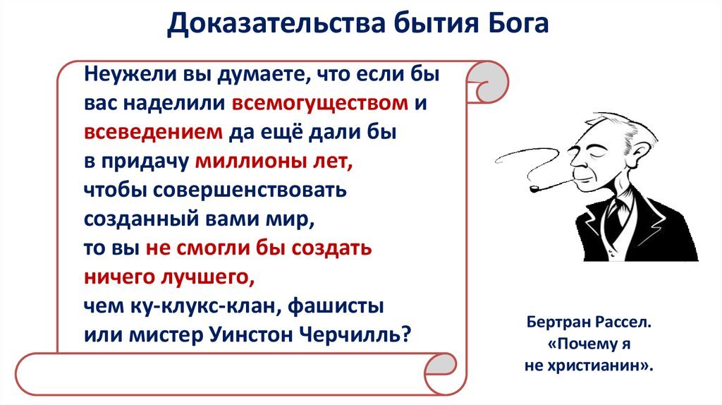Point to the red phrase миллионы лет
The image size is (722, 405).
(272, 161)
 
